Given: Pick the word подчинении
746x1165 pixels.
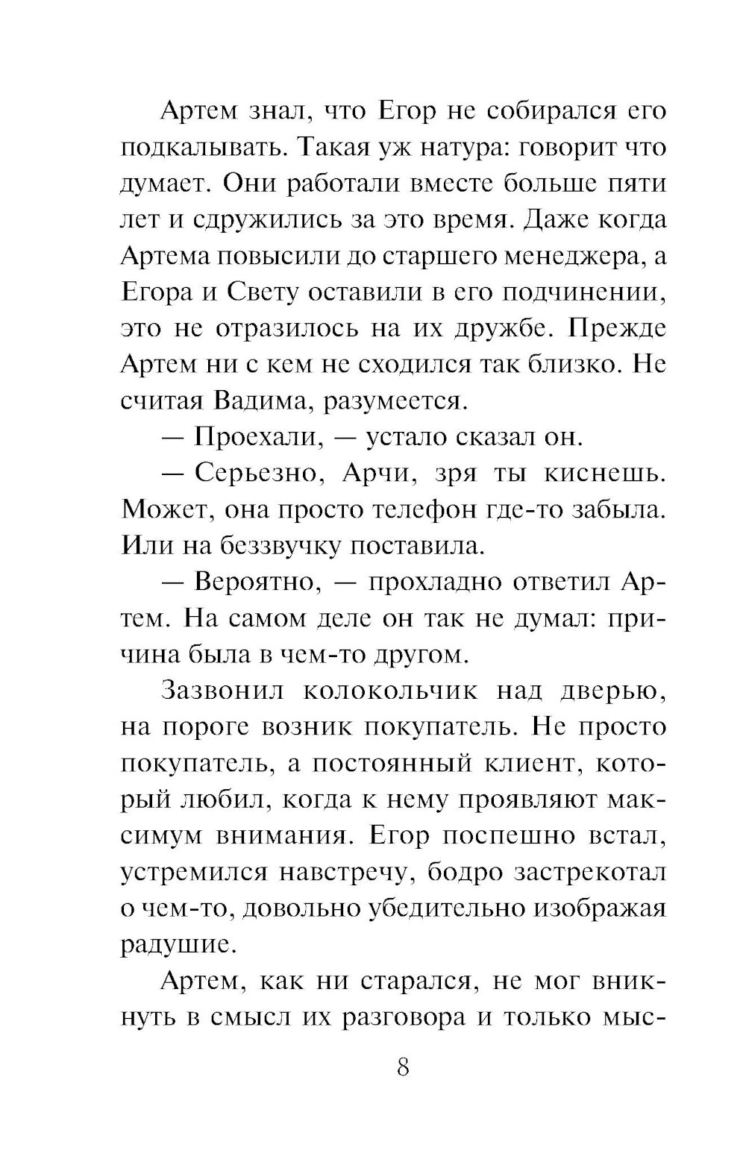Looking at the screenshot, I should click(579, 292).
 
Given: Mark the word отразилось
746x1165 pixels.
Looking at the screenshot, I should click(311, 329).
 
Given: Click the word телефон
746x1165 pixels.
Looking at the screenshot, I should click(449, 510).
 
